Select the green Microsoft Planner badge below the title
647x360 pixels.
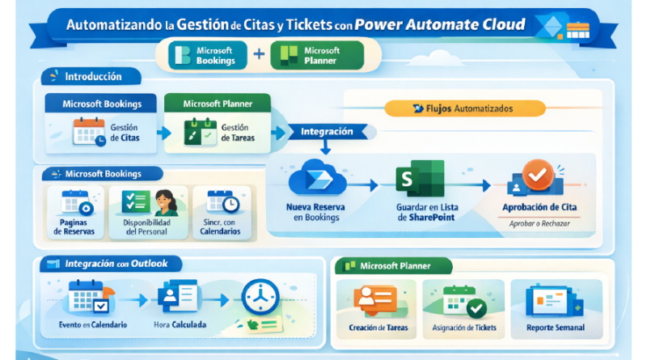click(316, 56)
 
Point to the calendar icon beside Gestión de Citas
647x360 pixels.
click(88, 131)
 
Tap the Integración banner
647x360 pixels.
click(326, 130)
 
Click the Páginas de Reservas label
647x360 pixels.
click(74, 227)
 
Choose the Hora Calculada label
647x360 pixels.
click(180, 325)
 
